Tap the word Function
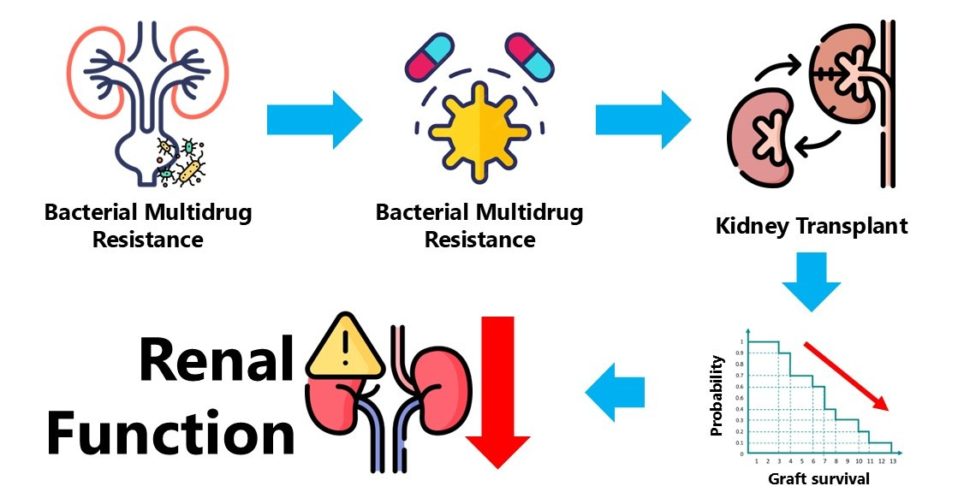click(x=170, y=433)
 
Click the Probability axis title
click(x=718, y=395)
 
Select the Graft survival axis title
click(x=818, y=478)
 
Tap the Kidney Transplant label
click(x=812, y=228)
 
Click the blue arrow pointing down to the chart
click(x=812, y=282)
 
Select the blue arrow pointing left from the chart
click(x=614, y=390)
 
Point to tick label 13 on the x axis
click(x=892, y=462)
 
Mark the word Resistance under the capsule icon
click(x=480, y=239)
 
